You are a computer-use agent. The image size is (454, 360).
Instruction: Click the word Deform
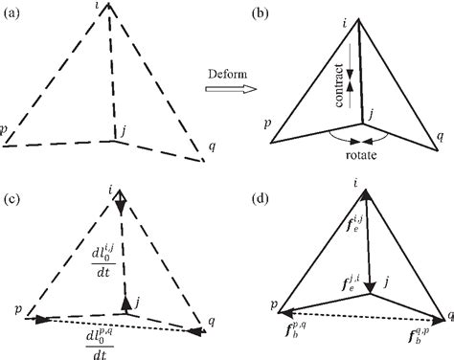click(x=228, y=73)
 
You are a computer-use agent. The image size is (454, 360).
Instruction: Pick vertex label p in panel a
click(x=5, y=127)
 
